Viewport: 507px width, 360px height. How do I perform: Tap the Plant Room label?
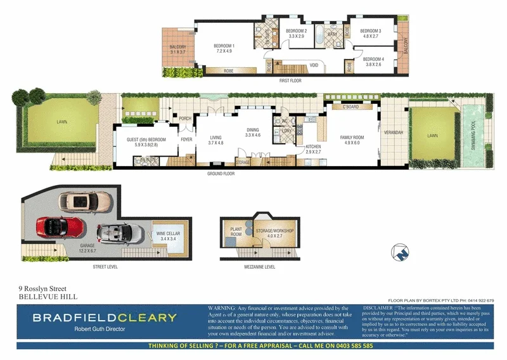236,233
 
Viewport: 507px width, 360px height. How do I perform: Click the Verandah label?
394,133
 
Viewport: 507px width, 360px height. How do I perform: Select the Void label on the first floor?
314,65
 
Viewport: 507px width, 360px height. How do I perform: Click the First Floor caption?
290,81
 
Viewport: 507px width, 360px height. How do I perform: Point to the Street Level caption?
105,267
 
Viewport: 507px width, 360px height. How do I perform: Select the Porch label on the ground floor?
185,119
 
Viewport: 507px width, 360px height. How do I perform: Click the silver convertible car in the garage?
119,233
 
